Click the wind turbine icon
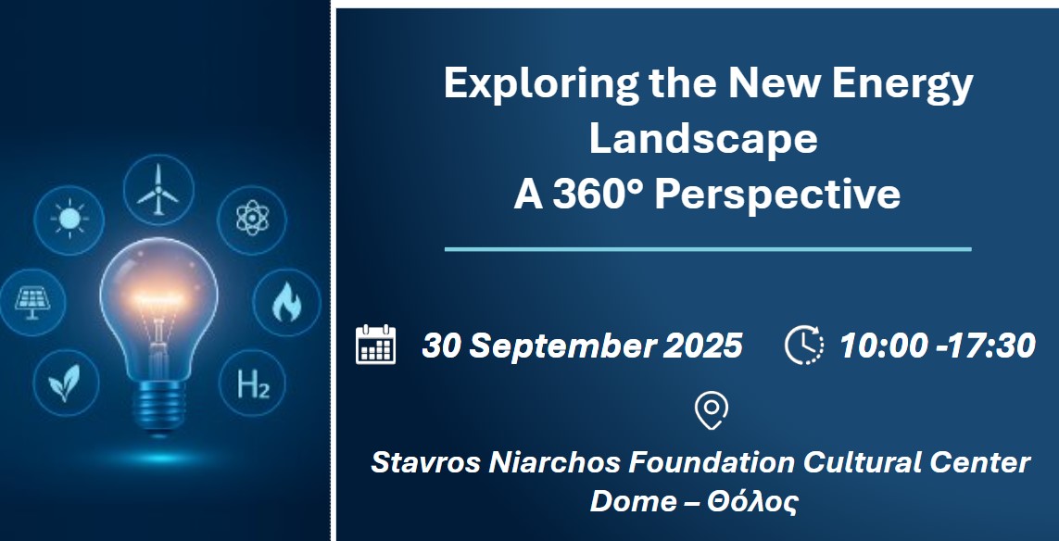click(158, 190)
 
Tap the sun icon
click(69, 220)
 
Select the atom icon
click(251, 220)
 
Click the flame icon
click(286, 302)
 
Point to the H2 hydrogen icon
click(252, 382)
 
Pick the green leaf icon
click(68, 382)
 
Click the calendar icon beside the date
click(375, 345)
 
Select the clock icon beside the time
click(803, 345)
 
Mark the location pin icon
click(712, 409)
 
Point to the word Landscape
click(703, 139)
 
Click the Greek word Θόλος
click(751, 501)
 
